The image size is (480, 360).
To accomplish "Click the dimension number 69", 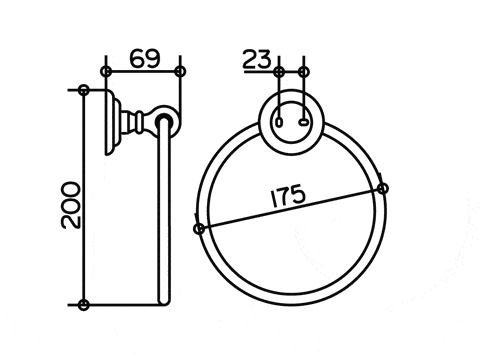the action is [x=145, y=59].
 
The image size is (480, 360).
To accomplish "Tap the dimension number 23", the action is [x=257, y=59].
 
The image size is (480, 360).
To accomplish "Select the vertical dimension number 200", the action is [x=71, y=205].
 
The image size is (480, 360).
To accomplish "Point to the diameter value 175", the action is [x=288, y=196].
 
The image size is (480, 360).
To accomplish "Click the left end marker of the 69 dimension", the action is [x=106, y=71].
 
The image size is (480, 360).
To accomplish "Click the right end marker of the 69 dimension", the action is [x=180, y=71].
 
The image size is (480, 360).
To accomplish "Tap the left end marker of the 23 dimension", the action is [x=279, y=72].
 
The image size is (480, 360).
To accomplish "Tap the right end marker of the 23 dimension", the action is [x=303, y=72].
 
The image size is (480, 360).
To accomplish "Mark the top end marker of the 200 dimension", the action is [x=84, y=90].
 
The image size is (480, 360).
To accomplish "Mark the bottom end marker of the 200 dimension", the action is [x=83, y=305].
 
